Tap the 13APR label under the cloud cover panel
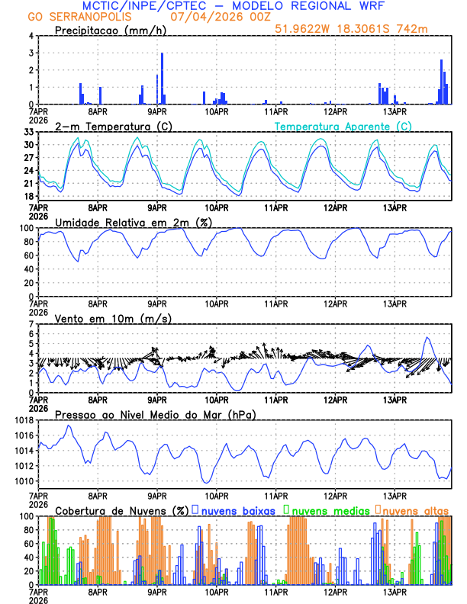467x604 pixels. [x=395, y=591]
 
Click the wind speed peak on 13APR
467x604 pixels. [x=427, y=338]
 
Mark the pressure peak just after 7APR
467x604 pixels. [x=69, y=426]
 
